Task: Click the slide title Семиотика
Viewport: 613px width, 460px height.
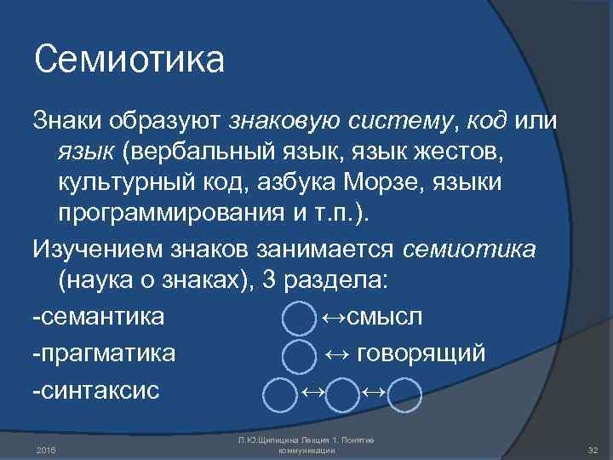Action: pyautogui.click(x=129, y=60)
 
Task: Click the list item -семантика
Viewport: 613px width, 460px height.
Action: pyautogui.click(x=99, y=317)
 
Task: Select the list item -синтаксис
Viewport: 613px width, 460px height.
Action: pyautogui.click(x=96, y=392)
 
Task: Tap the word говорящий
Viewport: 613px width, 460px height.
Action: pyautogui.click(x=421, y=354)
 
